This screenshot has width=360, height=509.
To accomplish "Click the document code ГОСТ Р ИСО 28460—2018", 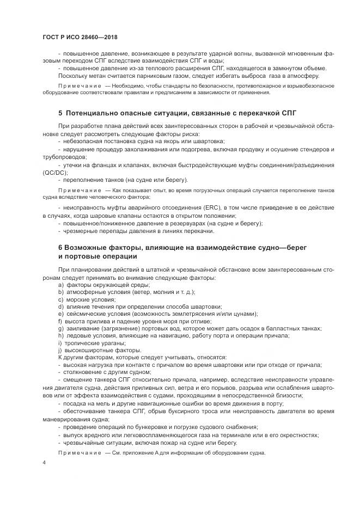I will [x=80, y=38].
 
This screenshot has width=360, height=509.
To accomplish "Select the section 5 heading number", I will [x=60, y=113].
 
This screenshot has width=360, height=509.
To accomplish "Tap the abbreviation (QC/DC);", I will [x=55, y=172].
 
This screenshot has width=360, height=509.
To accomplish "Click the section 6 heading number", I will [x=60, y=247].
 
